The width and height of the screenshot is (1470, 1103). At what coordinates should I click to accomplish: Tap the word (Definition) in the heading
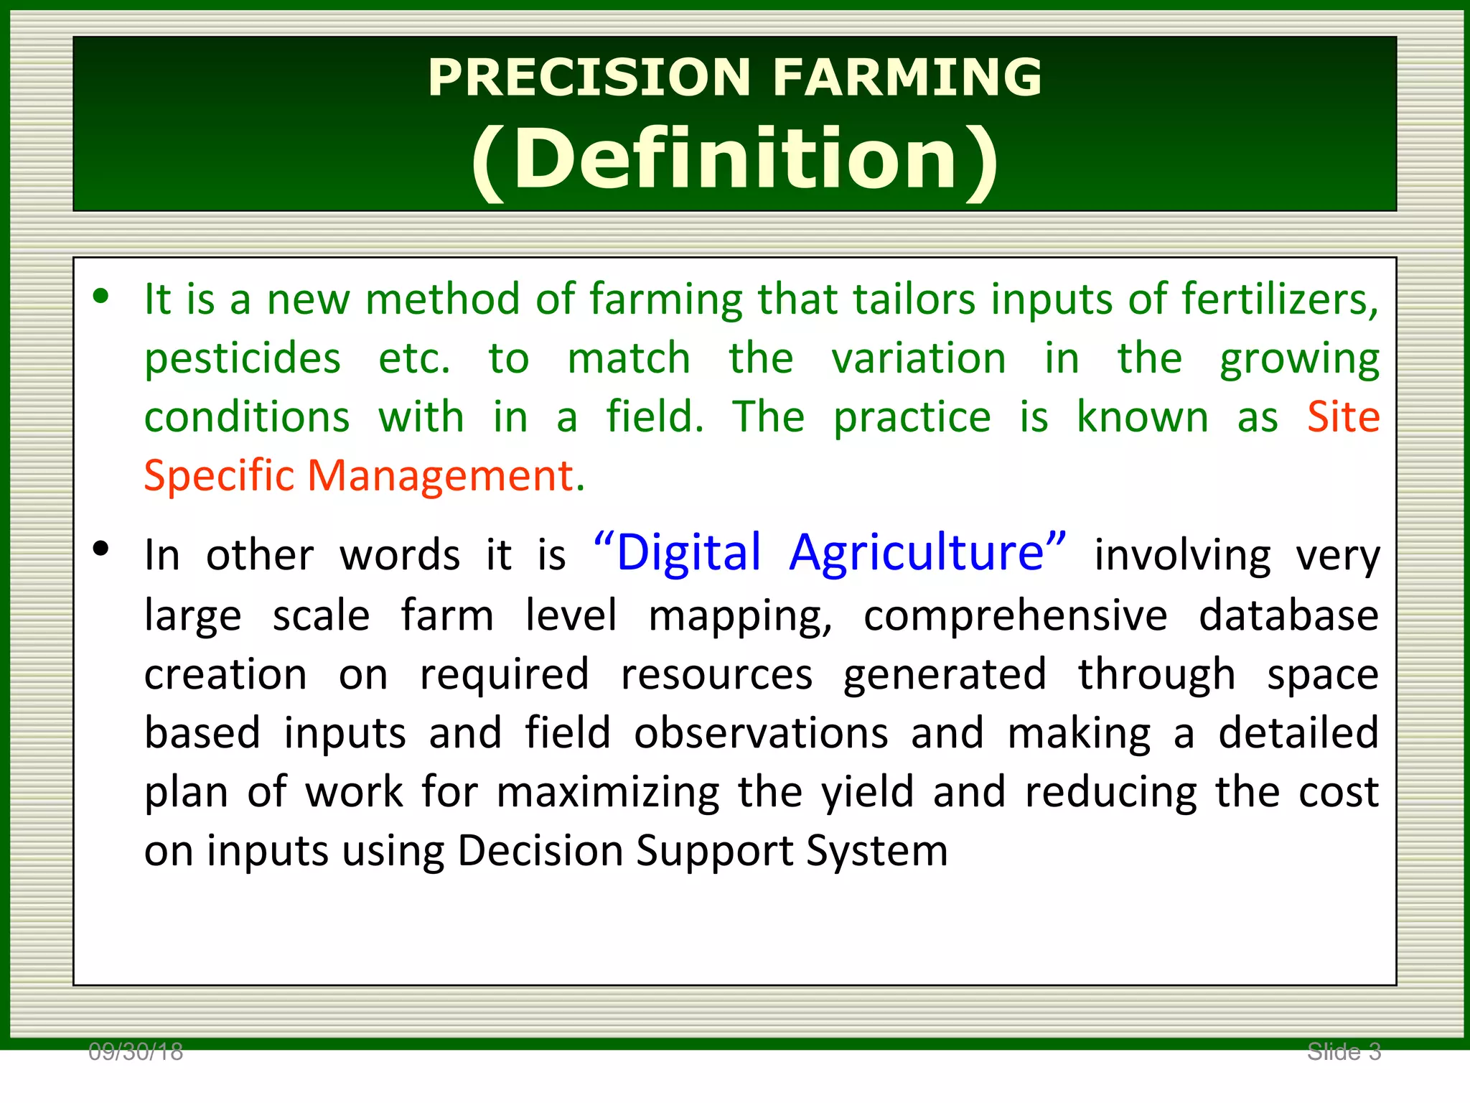(735, 159)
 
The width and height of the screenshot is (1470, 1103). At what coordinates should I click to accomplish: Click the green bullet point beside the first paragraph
(100, 296)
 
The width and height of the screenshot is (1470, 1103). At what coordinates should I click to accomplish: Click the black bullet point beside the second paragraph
(100, 549)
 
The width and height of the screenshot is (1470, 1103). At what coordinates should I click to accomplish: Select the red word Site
(1343, 416)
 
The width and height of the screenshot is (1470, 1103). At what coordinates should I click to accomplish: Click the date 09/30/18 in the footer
(136, 1052)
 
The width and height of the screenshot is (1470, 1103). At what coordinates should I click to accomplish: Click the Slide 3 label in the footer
(1344, 1052)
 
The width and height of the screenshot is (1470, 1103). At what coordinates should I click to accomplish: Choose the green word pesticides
(243, 359)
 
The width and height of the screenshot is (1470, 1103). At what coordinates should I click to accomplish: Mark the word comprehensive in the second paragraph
(1015, 616)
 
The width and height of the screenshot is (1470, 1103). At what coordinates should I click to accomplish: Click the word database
(1288, 616)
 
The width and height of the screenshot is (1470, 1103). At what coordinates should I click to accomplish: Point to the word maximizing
(607, 793)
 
